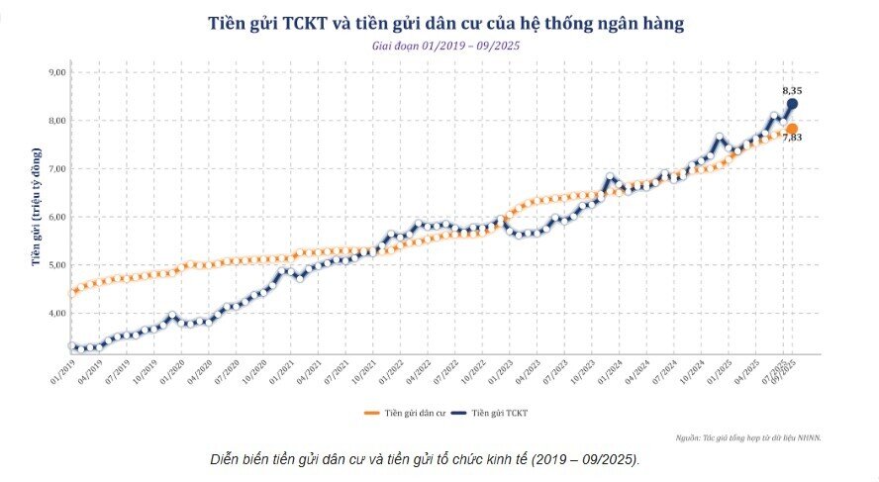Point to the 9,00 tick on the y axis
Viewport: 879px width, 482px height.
[x=55, y=72]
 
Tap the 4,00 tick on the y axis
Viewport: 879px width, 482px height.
[x=55, y=313]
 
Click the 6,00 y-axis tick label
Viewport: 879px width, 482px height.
[x=55, y=217]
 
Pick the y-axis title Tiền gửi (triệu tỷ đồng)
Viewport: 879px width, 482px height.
[x=36, y=208]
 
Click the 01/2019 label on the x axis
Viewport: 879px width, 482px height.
[x=63, y=374]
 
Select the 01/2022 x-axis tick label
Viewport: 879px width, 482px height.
[x=389, y=374]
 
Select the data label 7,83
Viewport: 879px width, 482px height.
[x=792, y=139]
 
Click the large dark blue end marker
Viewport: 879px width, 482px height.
[x=792, y=104]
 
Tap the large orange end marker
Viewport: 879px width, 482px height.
[x=792, y=129]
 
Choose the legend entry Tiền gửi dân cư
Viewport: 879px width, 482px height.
[x=407, y=411]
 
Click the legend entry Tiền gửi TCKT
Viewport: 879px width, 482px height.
[x=502, y=411]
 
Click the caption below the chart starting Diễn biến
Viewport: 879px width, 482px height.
[x=425, y=460]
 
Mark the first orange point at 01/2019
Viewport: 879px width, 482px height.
[x=72, y=293]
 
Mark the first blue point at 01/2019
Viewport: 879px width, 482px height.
[x=72, y=346]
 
